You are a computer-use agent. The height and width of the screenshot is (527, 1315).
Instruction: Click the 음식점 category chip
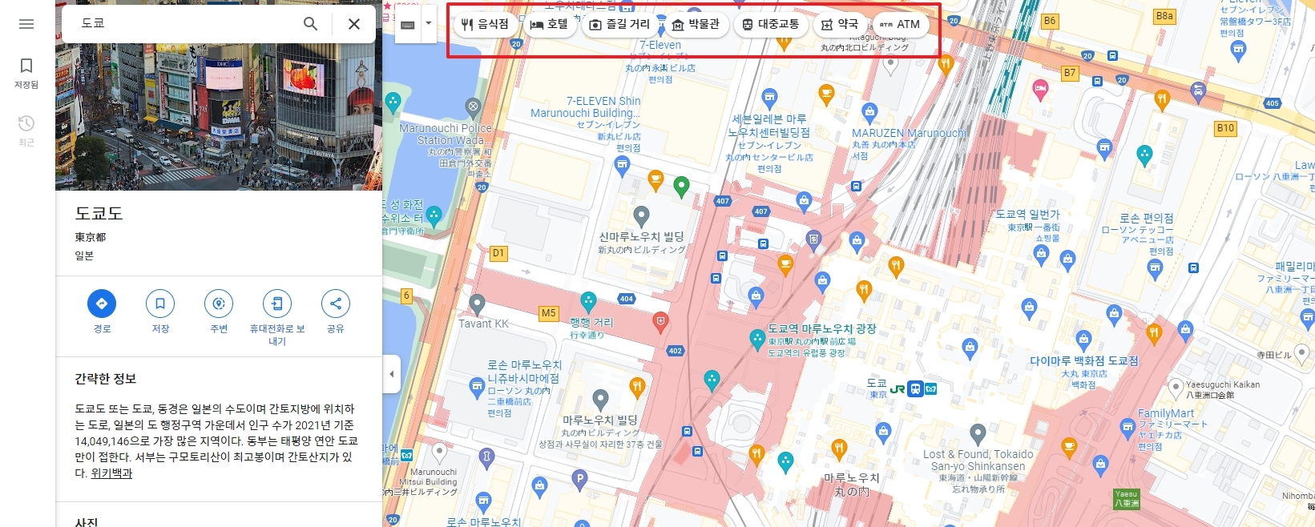(x=485, y=24)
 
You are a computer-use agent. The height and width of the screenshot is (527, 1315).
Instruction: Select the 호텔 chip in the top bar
(x=549, y=24)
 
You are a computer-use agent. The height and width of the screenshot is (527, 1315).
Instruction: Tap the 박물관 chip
(x=696, y=24)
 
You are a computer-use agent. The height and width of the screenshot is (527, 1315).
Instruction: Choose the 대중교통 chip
(x=770, y=24)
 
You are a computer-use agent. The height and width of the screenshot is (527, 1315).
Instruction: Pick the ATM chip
(x=900, y=24)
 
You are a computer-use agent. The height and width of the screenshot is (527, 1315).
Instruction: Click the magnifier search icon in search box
(x=310, y=24)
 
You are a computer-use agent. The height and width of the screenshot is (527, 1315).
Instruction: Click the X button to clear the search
(x=353, y=24)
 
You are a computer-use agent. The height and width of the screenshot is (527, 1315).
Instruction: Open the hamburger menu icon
(x=26, y=24)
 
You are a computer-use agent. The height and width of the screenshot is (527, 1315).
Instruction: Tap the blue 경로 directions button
(x=102, y=304)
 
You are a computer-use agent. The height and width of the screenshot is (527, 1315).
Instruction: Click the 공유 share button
(x=335, y=304)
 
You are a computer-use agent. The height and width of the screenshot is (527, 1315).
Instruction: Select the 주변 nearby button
(x=219, y=304)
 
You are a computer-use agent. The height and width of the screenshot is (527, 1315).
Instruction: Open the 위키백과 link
(x=111, y=473)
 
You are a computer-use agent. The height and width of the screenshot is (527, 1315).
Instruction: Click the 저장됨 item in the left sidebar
(x=26, y=72)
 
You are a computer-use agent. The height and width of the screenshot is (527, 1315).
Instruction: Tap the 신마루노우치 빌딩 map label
(x=641, y=237)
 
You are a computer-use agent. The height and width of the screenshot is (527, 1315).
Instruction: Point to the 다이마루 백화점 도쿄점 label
(x=1083, y=361)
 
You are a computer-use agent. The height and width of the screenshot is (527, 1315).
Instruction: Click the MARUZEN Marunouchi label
(x=909, y=133)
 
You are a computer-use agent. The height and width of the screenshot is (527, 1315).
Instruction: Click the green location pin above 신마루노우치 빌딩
(x=681, y=186)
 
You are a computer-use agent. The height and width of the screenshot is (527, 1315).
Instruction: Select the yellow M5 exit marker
(x=548, y=313)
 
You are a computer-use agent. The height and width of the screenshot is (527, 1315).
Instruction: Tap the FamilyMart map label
(x=1165, y=413)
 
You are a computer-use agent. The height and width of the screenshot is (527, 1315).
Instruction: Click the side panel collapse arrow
(x=391, y=374)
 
